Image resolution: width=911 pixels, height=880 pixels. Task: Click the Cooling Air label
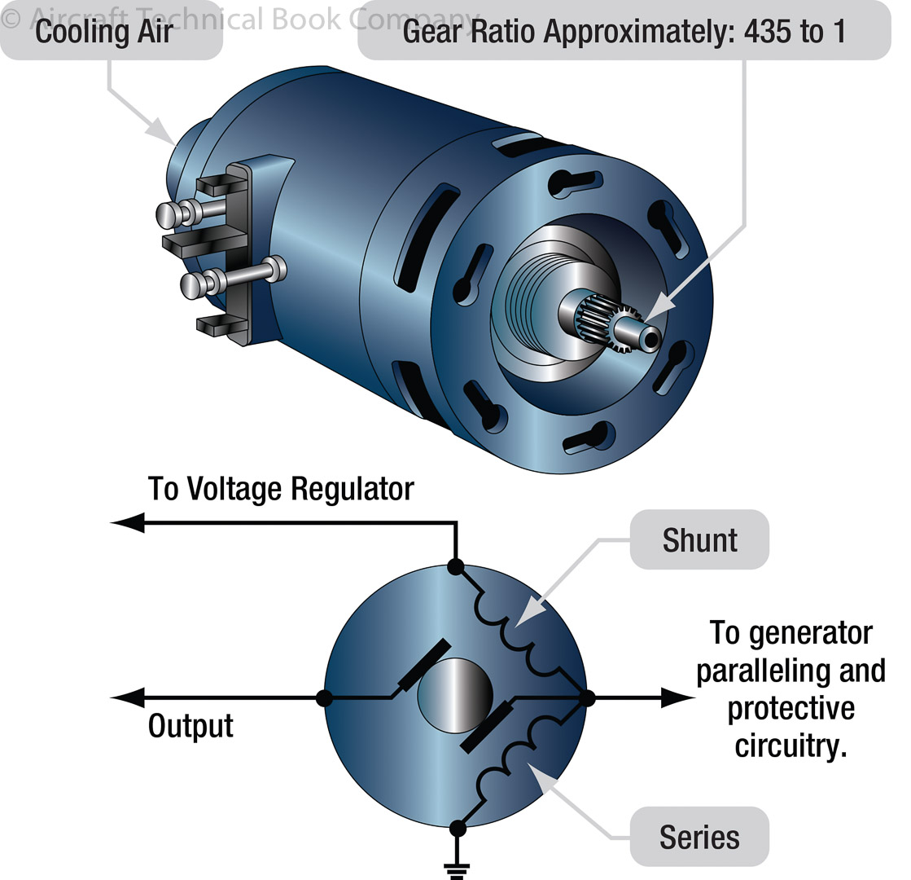[x=105, y=33]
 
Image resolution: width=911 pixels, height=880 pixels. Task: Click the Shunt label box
[x=699, y=539]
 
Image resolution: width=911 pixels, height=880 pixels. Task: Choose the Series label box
[x=699, y=837]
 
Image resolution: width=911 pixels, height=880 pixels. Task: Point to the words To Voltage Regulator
[x=281, y=489]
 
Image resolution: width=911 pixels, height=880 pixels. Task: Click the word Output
[x=191, y=726]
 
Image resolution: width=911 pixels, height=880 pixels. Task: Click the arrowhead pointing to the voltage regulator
[x=128, y=523]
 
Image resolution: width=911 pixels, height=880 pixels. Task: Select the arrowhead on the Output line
[x=128, y=697]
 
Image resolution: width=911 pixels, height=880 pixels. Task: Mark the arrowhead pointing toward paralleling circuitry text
[x=677, y=697]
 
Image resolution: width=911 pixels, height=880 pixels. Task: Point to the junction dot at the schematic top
[x=456, y=565]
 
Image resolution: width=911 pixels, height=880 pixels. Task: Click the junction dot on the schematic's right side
[x=589, y=697]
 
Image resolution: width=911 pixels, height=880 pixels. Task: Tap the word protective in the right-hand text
[x=791, y=708]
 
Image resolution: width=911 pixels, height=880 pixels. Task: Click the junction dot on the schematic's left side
[x=324, y=697]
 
